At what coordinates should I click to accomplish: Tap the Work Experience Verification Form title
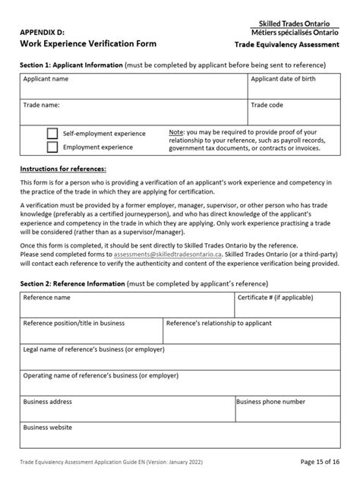coord(88,44)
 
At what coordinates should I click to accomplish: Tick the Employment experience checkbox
coord(52,147)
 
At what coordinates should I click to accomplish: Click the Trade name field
coord(134,112)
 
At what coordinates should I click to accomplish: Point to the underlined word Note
coord(175,132)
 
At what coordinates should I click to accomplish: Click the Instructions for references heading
coord(63,169)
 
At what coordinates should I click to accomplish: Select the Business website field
coord(180,434)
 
